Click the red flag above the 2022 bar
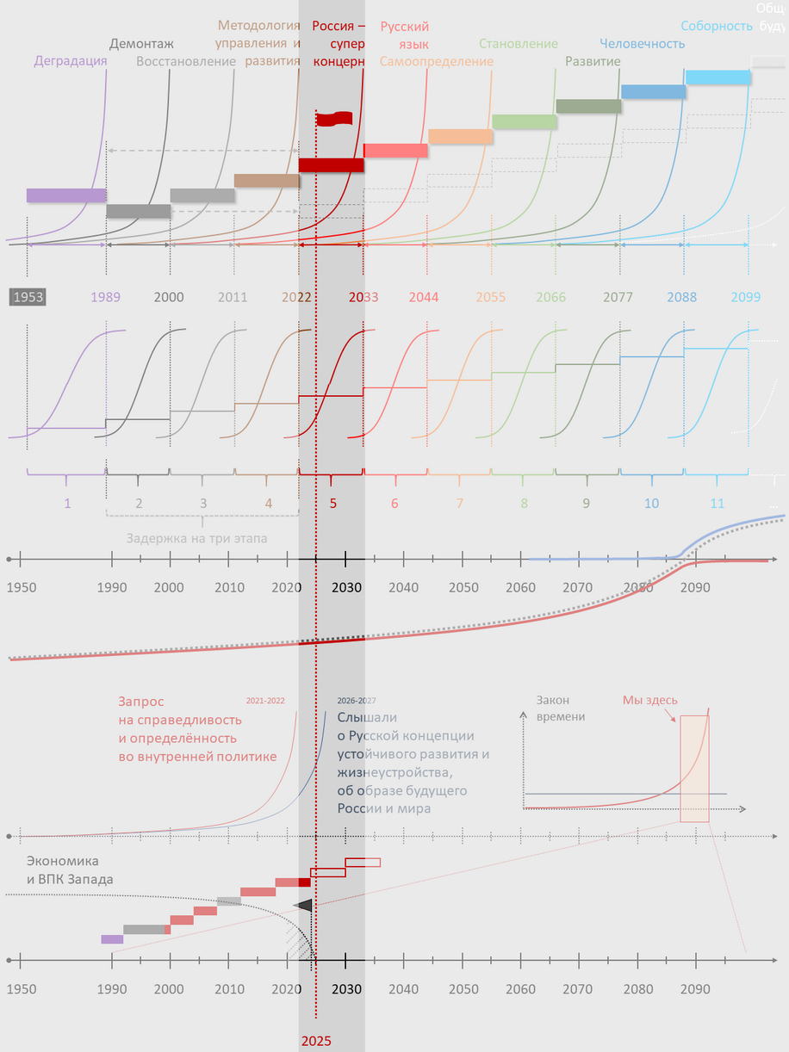pos(334,119)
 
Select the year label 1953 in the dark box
pos(27,297)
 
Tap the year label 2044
pos(424,297)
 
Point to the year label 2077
pos(618,297)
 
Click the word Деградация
pos(71,61)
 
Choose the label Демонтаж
pos(142,44)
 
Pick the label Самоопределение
pos(437,61)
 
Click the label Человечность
pos(643,44)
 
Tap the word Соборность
pos(717,26)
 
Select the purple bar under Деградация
pos(66,195)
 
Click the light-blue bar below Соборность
pos(718,77)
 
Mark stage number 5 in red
pos(332,503)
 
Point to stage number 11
pos(717,503)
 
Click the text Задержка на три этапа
pos(196,539)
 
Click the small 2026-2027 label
pos(356,701)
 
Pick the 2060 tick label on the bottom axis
pos(520,989)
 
